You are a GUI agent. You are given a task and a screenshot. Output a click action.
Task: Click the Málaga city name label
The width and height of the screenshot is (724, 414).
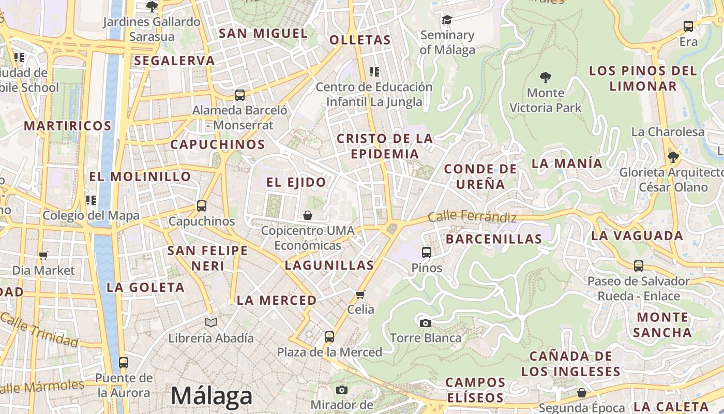pyautogui.click(x=212, y=396)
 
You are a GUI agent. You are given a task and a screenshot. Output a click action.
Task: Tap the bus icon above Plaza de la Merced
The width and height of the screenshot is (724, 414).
pyautogui.click(x=329, y=337)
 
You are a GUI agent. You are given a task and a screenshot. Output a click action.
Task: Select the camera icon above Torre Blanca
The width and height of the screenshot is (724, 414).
pyautogui.click(x=425, y=323)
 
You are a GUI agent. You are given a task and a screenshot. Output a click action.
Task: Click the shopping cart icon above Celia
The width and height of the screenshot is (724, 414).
pyautogui.click(x=360, y=294)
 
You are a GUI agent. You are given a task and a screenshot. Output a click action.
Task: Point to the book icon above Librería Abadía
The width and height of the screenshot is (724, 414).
pyautogui.click(x=210, y=323)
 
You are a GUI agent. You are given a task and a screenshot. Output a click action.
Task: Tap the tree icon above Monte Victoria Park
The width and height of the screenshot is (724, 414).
pyautogui.click(x=545, y=78)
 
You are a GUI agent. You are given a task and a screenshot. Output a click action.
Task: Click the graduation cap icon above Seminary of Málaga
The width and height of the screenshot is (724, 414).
pyautogui.click(x=447, y=20)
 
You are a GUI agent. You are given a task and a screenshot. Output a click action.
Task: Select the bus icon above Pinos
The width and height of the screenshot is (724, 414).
pyautogui.click(x=427, y=253)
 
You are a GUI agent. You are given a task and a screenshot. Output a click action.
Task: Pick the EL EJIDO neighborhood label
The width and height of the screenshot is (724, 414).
pyautogui.click(x=296, y=182)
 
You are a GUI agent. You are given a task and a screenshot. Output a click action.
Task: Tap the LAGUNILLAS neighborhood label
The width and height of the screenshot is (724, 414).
pyautogui.click(x=329, y=265)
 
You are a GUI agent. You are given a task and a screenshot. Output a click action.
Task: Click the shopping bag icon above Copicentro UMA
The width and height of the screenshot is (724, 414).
pyautogui.click(x=308, y=215)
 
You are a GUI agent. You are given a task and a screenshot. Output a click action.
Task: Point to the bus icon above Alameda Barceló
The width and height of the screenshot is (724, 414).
pyautogui.click(x=239, y=95)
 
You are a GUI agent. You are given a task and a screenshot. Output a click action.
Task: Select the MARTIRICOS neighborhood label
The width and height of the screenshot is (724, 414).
pyautogui.click(x=68, y=126)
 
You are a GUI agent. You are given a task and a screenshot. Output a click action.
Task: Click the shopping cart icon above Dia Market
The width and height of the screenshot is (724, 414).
pyautogui.click(x=43, y=255)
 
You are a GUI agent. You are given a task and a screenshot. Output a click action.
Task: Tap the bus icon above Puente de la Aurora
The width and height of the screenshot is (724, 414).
pyautogui.click(x=123, y=363)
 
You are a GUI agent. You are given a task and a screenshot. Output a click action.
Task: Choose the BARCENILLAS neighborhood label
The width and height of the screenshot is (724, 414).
pyautogui.click(x=494, y=239)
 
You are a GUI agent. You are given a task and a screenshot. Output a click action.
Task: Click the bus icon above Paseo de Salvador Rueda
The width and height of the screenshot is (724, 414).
pyautogui.click(x=639, y=266)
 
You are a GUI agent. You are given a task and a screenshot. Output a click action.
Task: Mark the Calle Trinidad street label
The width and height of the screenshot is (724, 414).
pyautogui.click(x=39, y=329)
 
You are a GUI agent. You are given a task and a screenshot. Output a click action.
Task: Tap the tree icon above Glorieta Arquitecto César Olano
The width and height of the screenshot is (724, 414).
pyautogui.click(x=673, y=157)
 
